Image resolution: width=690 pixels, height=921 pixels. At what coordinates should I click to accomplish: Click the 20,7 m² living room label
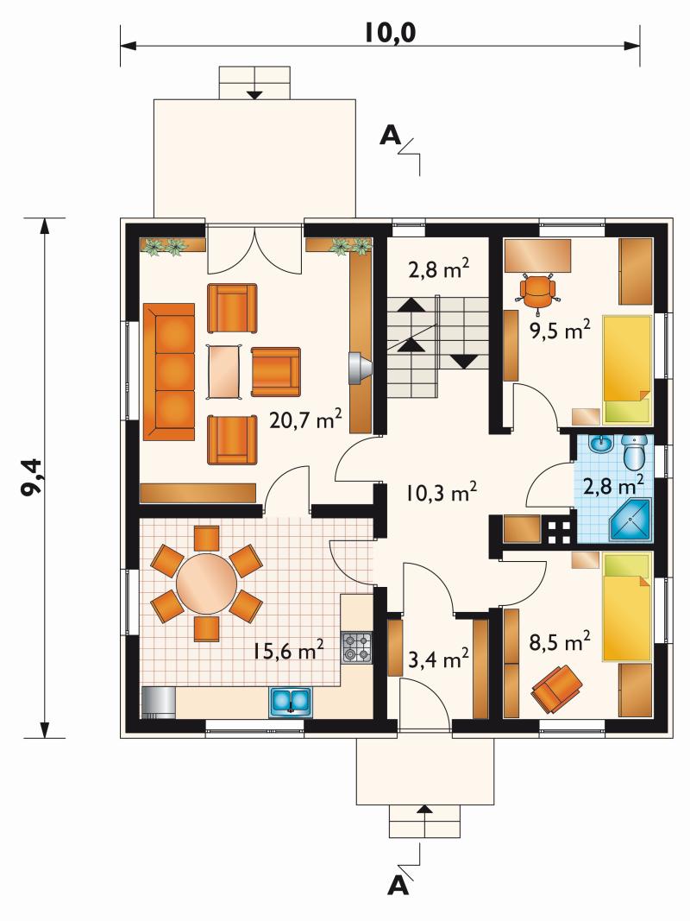tap(305, 419)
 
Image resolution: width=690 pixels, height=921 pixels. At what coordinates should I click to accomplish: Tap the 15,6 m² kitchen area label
tap(288, 650)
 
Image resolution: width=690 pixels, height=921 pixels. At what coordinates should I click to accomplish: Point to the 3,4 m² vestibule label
tap(437, 659)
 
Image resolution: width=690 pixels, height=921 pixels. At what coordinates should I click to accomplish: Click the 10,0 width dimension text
tap(390, 33)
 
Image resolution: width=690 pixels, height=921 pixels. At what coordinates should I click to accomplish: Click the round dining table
tap(206, 584)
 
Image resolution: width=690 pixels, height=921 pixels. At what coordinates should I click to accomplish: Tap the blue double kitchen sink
tap(291, 702)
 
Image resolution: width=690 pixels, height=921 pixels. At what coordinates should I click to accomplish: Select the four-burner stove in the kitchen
tap(357, 648)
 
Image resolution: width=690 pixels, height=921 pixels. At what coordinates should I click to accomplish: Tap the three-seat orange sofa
tap(169, 372)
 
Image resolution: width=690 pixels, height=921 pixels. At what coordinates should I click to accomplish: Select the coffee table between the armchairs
tap(224, 372)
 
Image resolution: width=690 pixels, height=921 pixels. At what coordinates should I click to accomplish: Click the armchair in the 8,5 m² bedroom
tap(556, 687)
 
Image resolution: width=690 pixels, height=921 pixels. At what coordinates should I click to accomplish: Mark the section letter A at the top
tap(390, 136)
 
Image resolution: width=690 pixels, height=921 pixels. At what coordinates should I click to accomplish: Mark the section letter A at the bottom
tap(398, 886)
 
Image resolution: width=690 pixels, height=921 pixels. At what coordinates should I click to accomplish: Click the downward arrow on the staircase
tap(464, 361)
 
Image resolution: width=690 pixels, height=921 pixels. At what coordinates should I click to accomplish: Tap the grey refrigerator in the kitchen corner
tap(159, 703)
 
